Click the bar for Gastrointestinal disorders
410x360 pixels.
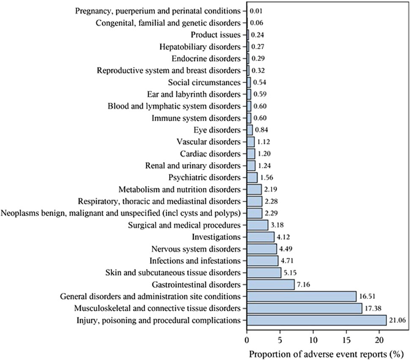click(270, 284)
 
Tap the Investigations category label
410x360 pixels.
click(216, 236)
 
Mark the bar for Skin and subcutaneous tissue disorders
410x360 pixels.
click(264, 272)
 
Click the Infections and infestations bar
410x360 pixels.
click(262, 261)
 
